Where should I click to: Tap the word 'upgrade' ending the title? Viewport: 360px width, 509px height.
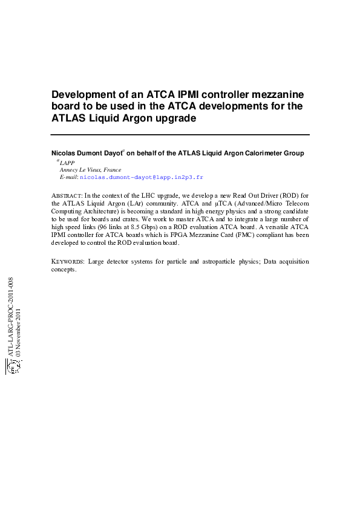175,118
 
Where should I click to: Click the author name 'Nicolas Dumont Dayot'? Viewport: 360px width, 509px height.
85,154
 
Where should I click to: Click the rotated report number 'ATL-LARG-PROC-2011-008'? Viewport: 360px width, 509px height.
10,317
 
